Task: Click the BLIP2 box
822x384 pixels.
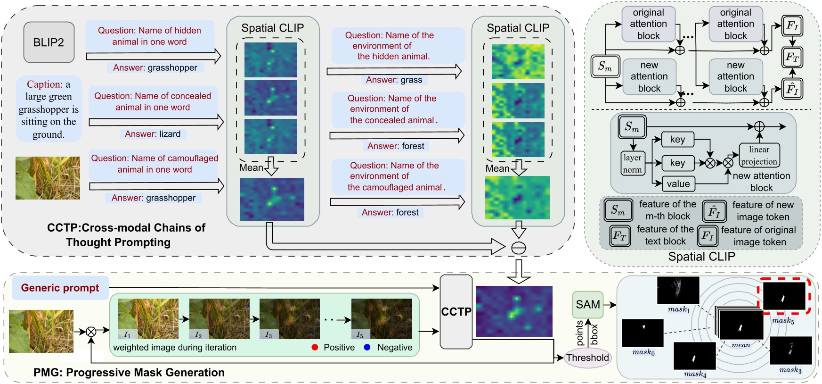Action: pyautogui.click(x=49, y=42)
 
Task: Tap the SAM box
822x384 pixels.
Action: pyautogui.click(x=588, y=305)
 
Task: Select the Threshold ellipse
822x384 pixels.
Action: pyautogui.click(x=587, y=358)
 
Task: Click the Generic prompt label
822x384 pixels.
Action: pyautogui.click(x=60, y=288)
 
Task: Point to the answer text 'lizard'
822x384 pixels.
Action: pyautogui.click(x=169, y=134)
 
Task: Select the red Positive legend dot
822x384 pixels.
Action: pyautogui.click(x=315, y=347)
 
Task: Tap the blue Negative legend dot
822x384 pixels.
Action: pyautogui.click(x=367, y=347)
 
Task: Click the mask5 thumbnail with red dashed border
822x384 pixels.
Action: pyautogui.click(x=784, y=296)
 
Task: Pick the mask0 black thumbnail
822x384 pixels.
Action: pyautogui.click(x=643, y=333)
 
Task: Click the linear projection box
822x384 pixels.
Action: pyautogui.click(x=759, y=156)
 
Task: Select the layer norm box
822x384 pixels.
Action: pyautogui.click(x=632, y=164)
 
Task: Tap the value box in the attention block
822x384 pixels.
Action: pyautogui.click(x=678, y=184)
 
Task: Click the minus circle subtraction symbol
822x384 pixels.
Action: pyautogui.click(x=519, y=248)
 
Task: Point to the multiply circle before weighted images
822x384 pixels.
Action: pyautogui.click(x=91, y=332)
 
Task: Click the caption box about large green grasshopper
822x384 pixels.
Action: pyautogui.click(x=49, y=109)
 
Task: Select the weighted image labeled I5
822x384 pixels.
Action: pyautogui.click(x=382, y=318)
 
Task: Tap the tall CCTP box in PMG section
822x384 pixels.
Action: pyautogui.click(x=456, y=312)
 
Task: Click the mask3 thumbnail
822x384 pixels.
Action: pyautogui.click(x=790, y=350)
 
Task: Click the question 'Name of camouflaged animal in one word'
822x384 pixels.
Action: pyautogui.click(x=155, y=164)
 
